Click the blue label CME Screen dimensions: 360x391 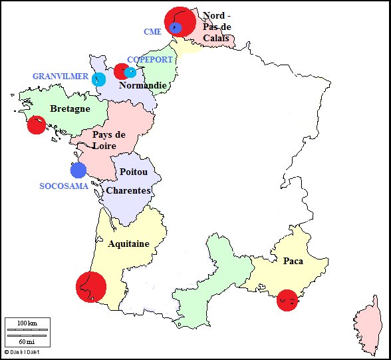[152, 31]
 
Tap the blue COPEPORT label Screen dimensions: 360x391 [150, 60]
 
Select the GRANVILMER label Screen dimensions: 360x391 [61, 77]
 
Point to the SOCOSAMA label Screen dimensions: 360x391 [63, 186]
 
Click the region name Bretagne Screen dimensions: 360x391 [70, 109]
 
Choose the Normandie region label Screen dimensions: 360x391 [142, 86]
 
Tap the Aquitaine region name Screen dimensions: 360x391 [128, 244]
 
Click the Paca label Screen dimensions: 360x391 [293, 261]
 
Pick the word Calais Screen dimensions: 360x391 [216, 38]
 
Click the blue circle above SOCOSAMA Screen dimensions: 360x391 [78, 170]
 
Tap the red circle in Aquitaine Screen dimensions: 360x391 [91, 287]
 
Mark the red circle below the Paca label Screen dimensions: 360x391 [287, 300]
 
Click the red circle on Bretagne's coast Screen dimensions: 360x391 [37, 125]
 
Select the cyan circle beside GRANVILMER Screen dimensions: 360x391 [99, 79]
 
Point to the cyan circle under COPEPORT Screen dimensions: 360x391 [130, 72]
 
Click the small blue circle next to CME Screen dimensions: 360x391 [176, 28]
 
